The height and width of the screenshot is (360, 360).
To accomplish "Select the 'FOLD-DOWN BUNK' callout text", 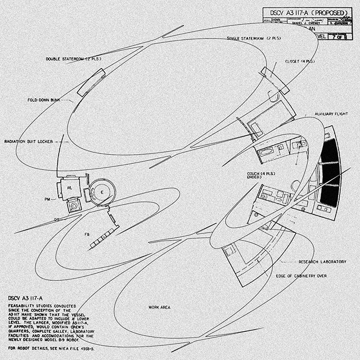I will (x=44, y=100).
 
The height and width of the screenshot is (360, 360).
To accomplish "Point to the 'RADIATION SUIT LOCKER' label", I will (x=29, y=141).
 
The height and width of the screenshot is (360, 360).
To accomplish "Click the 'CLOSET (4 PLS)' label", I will (x=299, y=61).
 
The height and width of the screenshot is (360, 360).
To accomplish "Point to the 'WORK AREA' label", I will (x=159, y=307).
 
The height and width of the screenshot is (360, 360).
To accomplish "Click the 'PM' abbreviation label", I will (x=49, y=199).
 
